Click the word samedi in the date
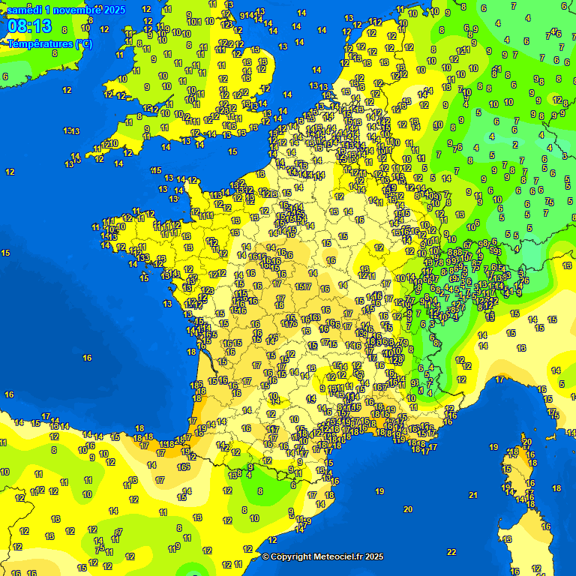(23, 10)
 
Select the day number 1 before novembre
(47, 10)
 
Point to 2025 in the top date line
(115, 10)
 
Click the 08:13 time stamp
(30, 27)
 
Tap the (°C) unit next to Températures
(85, 44)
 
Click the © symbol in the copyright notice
(265, 556)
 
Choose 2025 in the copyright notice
(373, 556)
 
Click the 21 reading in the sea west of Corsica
(472, 495)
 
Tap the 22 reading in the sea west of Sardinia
(451, 552)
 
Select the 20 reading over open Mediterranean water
(407, 509)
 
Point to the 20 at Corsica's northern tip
(527, 442)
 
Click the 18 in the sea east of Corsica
(556, 488)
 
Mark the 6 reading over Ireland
(5, 76)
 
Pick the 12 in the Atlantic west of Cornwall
(67, 90)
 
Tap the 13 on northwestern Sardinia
(508, 539)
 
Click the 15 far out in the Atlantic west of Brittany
(5, 253)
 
